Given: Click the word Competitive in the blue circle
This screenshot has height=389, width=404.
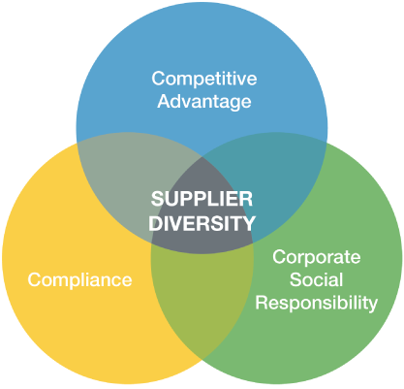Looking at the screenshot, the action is (x=204, y=79).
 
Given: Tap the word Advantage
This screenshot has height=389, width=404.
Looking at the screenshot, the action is (x=204, y=102).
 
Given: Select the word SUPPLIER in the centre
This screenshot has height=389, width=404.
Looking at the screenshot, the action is (x=202, y=199).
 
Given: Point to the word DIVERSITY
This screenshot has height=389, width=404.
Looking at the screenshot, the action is (x=202, y=223).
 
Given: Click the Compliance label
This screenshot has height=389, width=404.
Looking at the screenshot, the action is (x=79, y=280).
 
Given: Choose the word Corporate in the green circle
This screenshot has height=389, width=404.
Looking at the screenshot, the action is (x=317, y=257).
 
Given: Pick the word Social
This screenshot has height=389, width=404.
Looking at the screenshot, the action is (x=316, y=279).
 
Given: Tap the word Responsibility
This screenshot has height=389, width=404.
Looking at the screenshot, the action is (x=317, y=304).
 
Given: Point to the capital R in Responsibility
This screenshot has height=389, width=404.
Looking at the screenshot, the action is (x=263, y=303).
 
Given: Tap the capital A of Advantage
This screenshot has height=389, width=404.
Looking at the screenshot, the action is (x=165, y=101).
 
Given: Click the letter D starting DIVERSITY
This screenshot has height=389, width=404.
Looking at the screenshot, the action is (x=155, y=223).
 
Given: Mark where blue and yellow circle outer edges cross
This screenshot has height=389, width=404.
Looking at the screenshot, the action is (x=77, y=143).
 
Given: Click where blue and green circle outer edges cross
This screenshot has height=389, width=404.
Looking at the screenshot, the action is (x=326, y=143).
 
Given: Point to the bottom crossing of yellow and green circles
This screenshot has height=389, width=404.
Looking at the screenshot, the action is (x=202, y=359).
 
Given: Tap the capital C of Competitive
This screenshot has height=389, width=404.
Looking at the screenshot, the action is (x=159, y=79).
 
